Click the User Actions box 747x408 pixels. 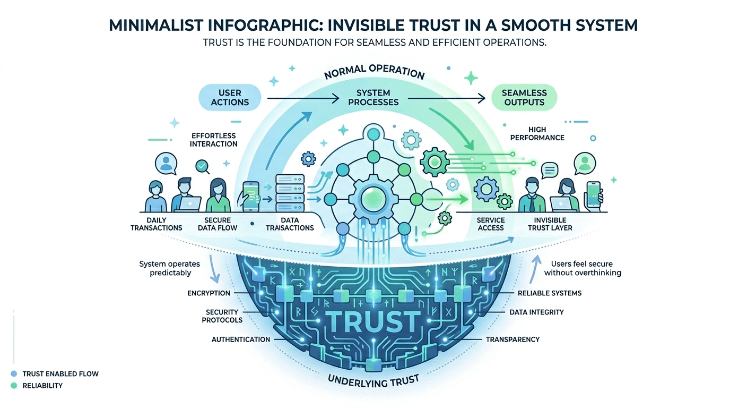click(x=230, y=97)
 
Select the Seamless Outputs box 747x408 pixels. click(x=524, y=97)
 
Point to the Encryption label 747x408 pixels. click(x=209, y=293)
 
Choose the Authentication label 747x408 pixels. click(x=241, y=339)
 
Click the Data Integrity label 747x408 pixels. click(x=536, y=312)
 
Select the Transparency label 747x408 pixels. click(x=513, y=339)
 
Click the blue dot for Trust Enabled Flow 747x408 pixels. click(x=13, y=374)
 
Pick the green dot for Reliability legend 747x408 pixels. click(x=13, y=386)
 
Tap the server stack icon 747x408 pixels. click(x=290, y=193)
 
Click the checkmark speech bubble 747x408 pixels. click(x=202, y=166)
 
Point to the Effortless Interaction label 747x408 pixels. click(x=214, y=139)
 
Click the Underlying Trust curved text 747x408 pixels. click(x=373, y=380)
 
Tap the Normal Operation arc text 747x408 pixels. click(x=373, y=72)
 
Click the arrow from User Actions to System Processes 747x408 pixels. click(x=302, y=98)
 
